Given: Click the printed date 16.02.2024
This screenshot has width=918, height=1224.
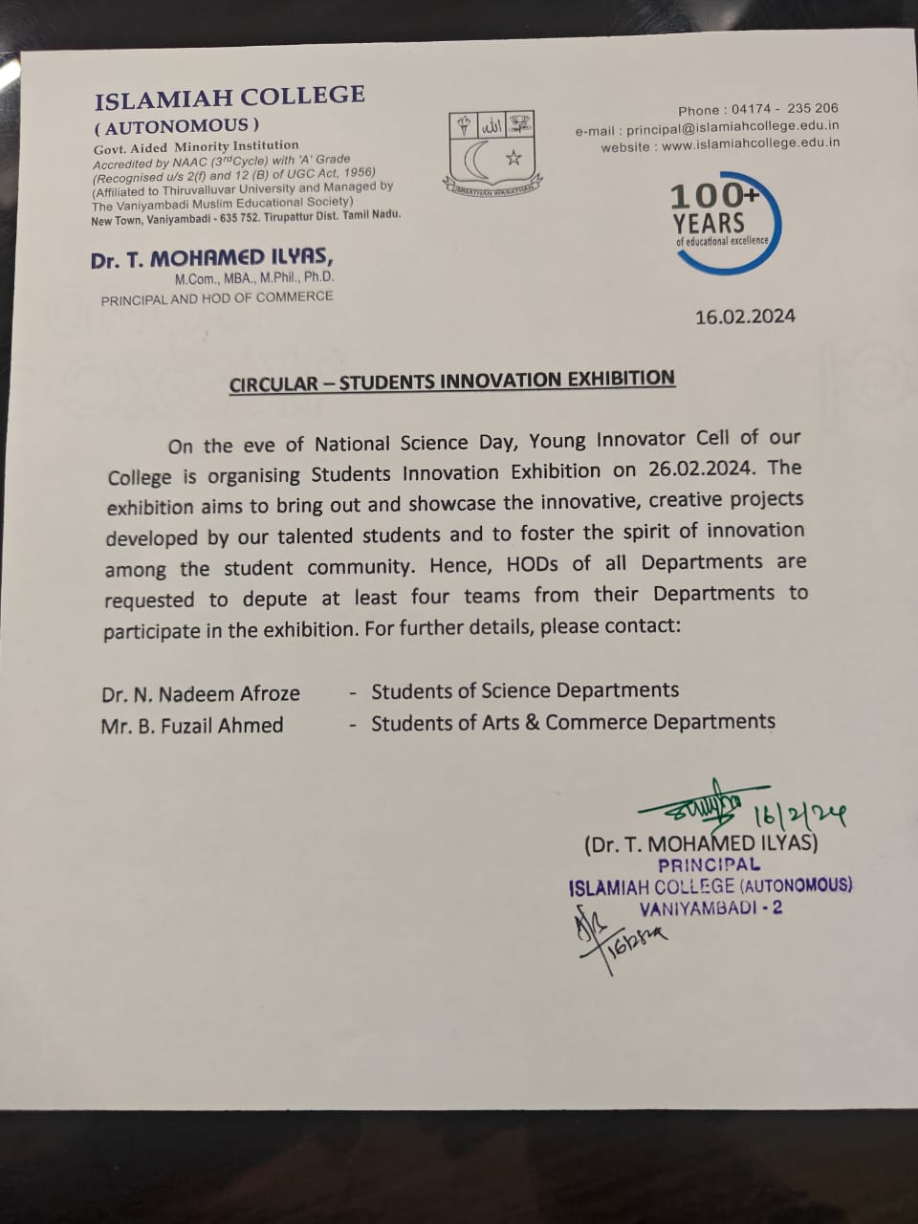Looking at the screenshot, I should coord(745,317).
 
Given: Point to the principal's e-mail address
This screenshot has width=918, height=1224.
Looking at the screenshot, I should coord(732,127).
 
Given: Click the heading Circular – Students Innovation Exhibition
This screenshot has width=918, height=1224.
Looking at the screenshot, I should coord(452,382).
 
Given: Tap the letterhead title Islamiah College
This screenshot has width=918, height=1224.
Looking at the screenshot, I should coord(229,97).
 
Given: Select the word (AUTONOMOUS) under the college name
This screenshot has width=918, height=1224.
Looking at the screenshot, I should coord(176,125).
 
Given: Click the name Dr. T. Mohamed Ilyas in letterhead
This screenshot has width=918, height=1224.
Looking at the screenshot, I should coord(212,259).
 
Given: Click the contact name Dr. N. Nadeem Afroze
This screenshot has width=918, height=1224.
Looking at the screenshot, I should coord(201,693).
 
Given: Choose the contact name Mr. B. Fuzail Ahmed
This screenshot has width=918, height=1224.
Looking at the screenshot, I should coord(192,725).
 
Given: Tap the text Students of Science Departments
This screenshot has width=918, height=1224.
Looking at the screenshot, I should coord(525,690).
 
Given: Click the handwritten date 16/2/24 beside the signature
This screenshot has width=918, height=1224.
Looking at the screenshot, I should coord(801,816).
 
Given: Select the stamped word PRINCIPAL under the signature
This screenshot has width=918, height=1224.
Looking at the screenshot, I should coord(710,864).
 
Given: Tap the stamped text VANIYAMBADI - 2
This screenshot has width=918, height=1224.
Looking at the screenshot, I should coord(710,907).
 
